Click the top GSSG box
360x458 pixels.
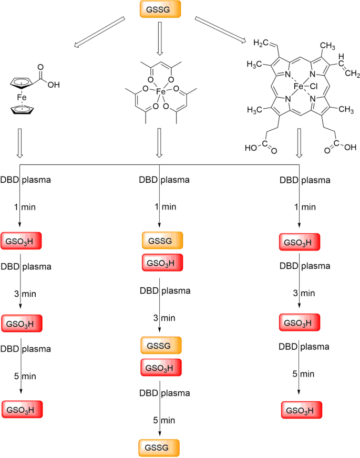pyautogui.click(x=160, y=10)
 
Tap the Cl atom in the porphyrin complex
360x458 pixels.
pyautogui.click(x=314, y=86)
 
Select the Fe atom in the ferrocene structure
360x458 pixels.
pyautogui.click(x=20, y=96)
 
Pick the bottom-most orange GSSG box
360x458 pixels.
pyautogui.click(x=159, y=447)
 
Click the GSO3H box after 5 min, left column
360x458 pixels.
pyautogui.click(x=22, y=408)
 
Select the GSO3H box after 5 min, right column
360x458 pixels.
pyautogui.click(x=300, y=409)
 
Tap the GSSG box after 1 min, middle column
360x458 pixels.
pyautogui.click(x=162, y=240)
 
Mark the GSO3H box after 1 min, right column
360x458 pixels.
pyautogui.click(x=300, y=243)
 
